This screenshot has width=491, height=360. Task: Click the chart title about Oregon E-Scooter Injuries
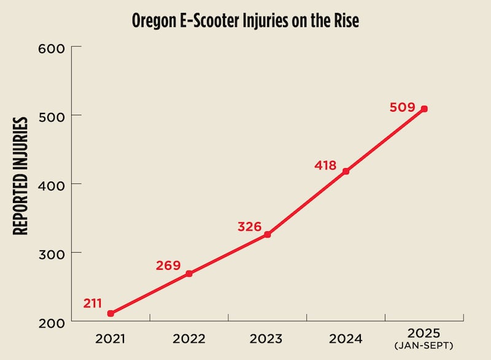(245, 21)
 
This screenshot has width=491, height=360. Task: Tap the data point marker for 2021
(110, 313)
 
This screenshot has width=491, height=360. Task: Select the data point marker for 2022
(189, 274)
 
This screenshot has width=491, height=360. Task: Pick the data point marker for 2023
(268, 234)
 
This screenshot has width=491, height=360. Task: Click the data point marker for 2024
(346, 171)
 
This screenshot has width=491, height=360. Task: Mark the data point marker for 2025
(424, 109)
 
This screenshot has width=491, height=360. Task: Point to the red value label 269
(168, 266)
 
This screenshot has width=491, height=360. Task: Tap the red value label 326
(249, 227)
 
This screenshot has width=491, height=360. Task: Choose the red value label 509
(402, 107)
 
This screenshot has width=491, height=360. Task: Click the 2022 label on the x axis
(188, 338)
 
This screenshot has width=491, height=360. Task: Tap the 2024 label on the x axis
(346, 338)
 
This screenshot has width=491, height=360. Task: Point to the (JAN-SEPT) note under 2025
(424, 347)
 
